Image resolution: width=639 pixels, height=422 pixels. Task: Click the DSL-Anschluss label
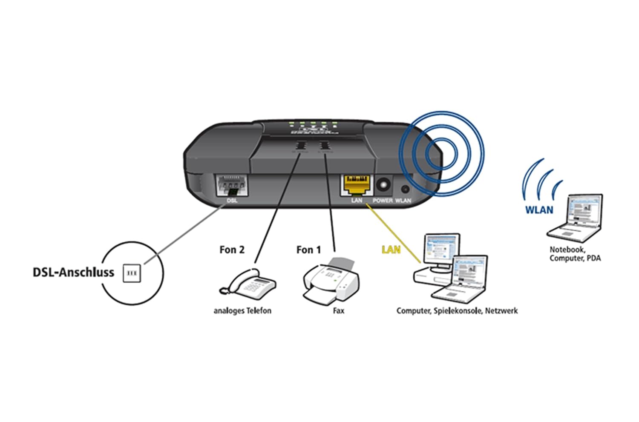click(x=73, y=273)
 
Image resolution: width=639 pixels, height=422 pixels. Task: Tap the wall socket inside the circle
click(x=132, y=273)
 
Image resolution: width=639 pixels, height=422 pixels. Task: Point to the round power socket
click(x=383, y=185)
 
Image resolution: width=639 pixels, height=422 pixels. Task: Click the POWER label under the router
click(x=383, y=201)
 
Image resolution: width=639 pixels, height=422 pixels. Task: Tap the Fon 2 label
click(x=232, y=250)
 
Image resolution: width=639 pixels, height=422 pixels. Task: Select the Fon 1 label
click(x=308, y=250)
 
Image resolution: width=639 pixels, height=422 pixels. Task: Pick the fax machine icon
click(x=331, y=281)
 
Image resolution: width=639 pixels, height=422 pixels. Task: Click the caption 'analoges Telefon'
click(x=242, y=311)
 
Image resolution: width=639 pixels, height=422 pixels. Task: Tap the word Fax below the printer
click(x=339, y=311)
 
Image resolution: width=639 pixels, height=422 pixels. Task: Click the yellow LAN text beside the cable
click(x=391, y=250)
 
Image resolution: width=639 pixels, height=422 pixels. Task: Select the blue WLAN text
click(x=539, y=210)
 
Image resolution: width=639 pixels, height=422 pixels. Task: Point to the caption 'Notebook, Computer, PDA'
click(x=575, y=254)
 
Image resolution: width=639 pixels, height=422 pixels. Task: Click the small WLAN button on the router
click(x=405, y=189)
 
